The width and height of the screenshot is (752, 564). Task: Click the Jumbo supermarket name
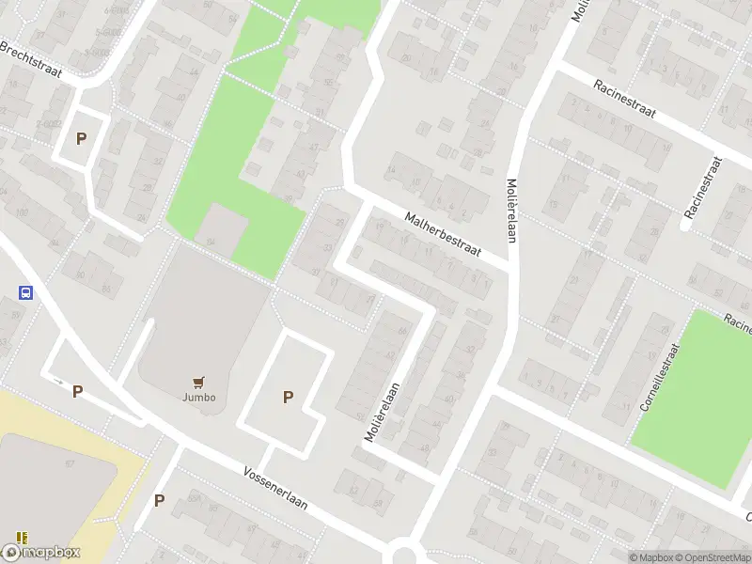tap(198, 397)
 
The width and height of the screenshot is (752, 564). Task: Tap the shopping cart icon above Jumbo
tap(198, 382)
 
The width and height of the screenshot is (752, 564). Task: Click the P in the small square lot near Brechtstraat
tap(81, 139)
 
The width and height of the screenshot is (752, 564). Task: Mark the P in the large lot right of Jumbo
tap(288, 398)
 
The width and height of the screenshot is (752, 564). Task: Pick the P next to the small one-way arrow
tap(77, 391)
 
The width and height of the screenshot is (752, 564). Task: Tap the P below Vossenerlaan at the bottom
tap(159, 500)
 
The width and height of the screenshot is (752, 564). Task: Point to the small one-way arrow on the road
tap(59, 382)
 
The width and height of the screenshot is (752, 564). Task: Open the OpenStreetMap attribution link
tap(714, 557)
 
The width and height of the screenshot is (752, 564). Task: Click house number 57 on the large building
tap(70, 463)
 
